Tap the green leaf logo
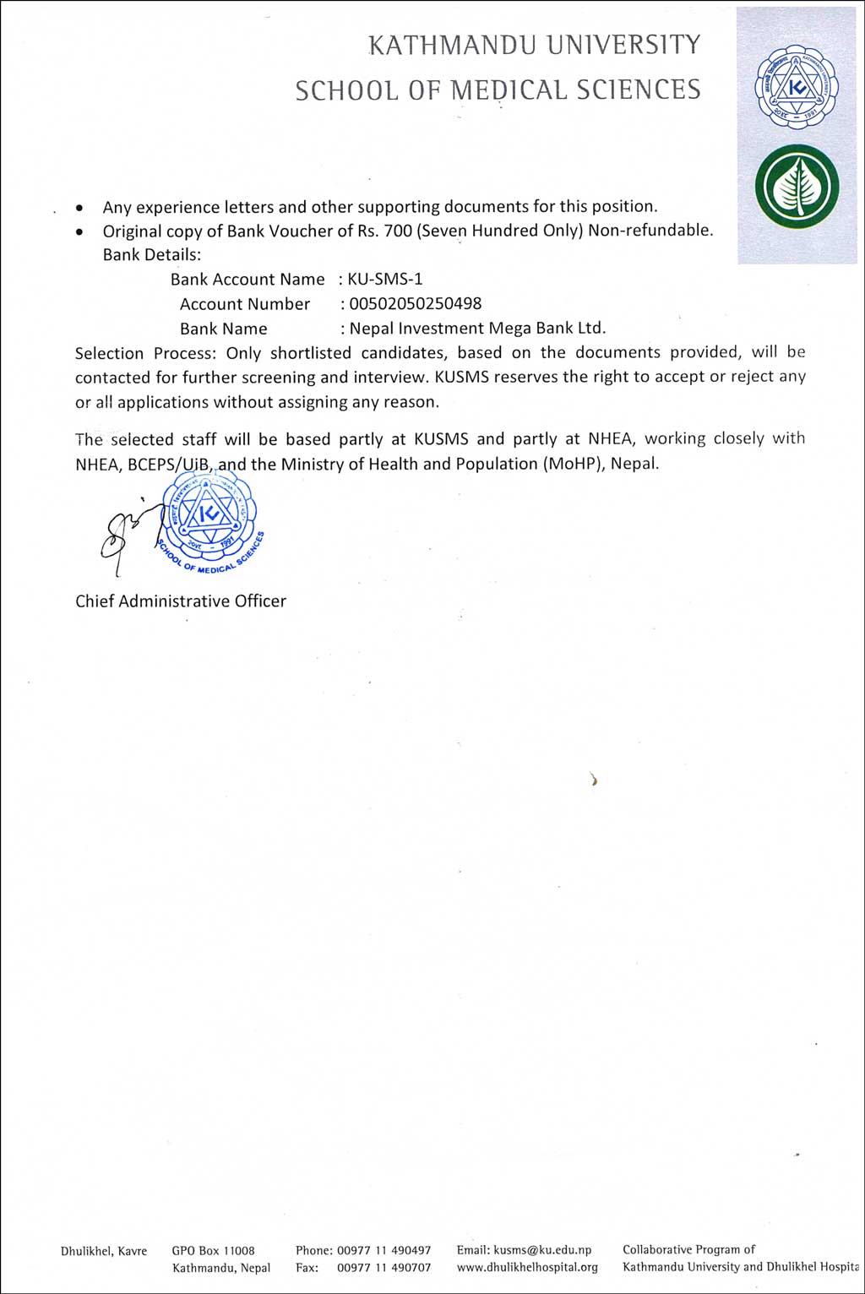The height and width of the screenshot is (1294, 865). pos(796,188)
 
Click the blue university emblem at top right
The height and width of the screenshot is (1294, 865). pos(796,87)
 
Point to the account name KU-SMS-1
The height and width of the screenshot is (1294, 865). pos(385,280)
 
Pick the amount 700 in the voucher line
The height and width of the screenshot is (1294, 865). pos(398,231)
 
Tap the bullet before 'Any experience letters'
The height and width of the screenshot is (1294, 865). pos(79,207)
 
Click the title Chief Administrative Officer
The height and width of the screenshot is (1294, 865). pos(181,601)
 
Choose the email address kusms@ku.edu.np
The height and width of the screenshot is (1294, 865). pos(542,1250)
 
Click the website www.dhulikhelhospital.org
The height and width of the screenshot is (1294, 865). pos(527,1267)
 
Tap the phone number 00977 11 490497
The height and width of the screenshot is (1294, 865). pos(384,1250)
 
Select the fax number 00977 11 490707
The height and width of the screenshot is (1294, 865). pos(384,1268)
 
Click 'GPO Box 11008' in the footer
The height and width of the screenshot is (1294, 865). pos(213,1251)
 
